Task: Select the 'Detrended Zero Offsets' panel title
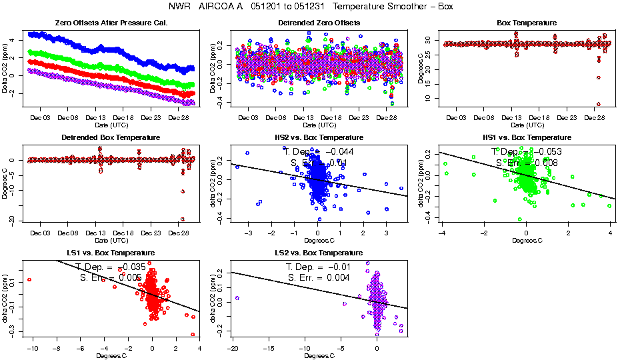(x=319, y=23)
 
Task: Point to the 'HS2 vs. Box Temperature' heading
(x=319, y=138)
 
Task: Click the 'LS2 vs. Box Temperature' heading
(x=319, y=253)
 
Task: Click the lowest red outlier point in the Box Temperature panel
(x=599, y=104)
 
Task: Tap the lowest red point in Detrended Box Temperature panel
(x=182, y=219)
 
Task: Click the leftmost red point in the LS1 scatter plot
(x=29, y=279)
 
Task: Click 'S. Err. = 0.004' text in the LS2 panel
(x=319, y=277)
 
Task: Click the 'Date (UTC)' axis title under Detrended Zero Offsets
(x=319, y=125)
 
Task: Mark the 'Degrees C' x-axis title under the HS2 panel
(x=319, y=241)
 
